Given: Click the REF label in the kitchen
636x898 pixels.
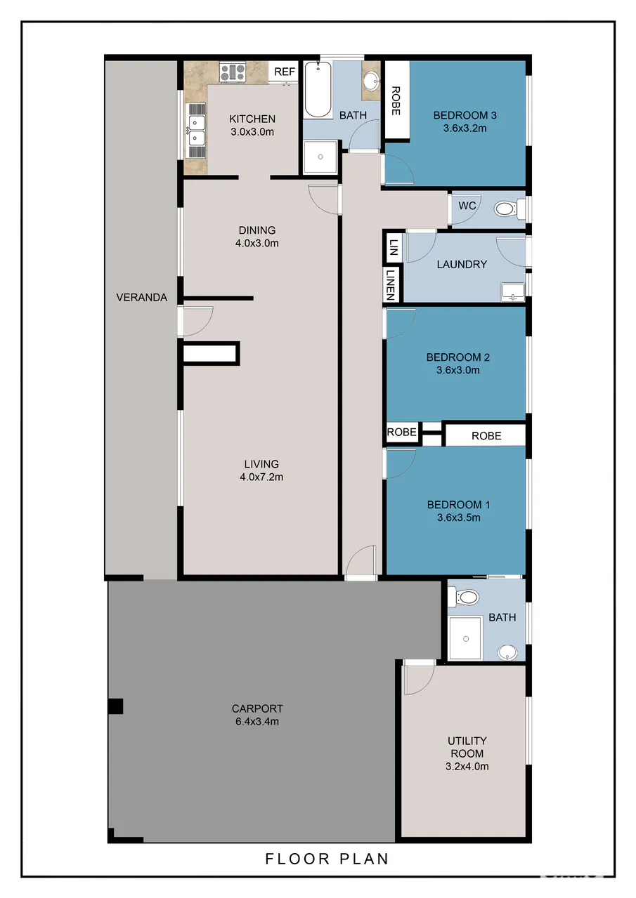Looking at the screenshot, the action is (285, 72).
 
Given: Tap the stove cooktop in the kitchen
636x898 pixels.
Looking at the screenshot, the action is (233, 72).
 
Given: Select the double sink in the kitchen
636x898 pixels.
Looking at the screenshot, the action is (196, 131).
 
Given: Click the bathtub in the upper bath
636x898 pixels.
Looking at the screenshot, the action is (318, 89).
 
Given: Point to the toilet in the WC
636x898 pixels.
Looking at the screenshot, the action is (510, 209).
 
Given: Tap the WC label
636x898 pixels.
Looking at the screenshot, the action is (467, 206).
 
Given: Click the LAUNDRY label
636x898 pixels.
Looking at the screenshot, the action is (462, 264).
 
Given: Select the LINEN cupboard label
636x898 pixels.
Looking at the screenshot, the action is (391, 284).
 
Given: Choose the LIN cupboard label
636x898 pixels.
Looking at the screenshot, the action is (394, 247).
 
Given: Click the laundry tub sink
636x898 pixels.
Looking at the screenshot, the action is (513, 291).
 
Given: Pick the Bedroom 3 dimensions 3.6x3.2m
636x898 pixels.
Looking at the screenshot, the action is (465, 128).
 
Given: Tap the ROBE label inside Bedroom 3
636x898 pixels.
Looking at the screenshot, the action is (396, 100).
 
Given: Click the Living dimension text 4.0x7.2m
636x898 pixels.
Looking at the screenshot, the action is (261, 477).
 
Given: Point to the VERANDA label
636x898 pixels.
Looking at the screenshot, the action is (142, 297).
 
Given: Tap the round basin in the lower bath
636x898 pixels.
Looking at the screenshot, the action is (507, 652).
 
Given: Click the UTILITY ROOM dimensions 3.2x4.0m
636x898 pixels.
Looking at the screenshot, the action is (467, 766).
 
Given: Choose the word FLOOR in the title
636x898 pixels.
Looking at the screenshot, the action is (298, 859).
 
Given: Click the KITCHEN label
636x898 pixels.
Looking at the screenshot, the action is (252, 119).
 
